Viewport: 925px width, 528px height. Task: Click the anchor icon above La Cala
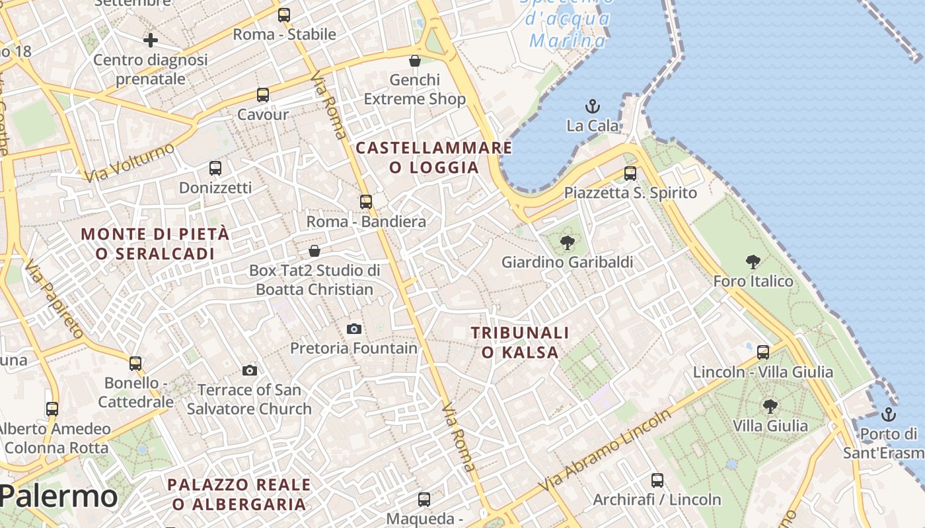coord(593,106)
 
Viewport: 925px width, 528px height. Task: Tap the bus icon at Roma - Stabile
coord(284,15)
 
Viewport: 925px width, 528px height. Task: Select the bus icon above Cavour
coord(263,95)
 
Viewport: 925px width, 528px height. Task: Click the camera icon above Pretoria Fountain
coord(354,329)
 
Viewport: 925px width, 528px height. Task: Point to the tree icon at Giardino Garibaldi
coord(567,243)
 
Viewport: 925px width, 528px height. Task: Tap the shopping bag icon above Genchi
coord(415,61)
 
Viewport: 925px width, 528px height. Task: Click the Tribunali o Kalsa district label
coord(520,342)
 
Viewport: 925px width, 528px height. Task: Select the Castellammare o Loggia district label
coord(434,157)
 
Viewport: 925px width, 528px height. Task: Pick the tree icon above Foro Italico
coord(753,262)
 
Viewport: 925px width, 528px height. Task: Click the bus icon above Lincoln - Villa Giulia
coord(763,352)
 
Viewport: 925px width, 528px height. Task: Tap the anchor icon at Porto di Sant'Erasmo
coord(889,414)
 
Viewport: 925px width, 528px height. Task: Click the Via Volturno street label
coord(129,162)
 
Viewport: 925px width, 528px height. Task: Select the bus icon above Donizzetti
coord(215,168)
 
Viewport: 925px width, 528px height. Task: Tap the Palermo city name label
coord(59,496)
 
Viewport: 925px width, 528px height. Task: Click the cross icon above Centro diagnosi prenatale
coord(151,40)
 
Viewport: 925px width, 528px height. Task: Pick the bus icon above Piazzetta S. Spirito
coord(630,174)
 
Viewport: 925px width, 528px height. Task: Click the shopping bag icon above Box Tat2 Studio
coord(314,251)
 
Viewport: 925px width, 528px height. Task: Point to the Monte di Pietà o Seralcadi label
coord(156,243)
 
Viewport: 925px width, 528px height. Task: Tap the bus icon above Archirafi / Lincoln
coord(657,480)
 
